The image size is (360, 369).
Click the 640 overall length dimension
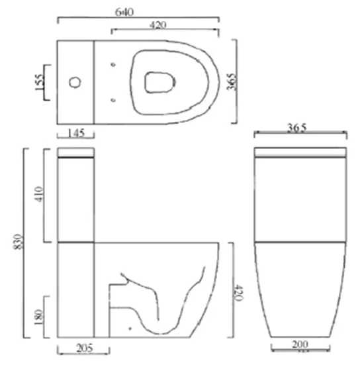tap(138, 11)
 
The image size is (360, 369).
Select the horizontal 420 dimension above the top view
tap(157, 25)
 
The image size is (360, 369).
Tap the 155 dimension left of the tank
tap(39, 82)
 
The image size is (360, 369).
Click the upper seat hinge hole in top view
tap(114, 65)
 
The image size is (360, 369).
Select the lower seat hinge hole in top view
tap(114, 101)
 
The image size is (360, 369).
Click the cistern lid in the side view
tap(76, 153)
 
